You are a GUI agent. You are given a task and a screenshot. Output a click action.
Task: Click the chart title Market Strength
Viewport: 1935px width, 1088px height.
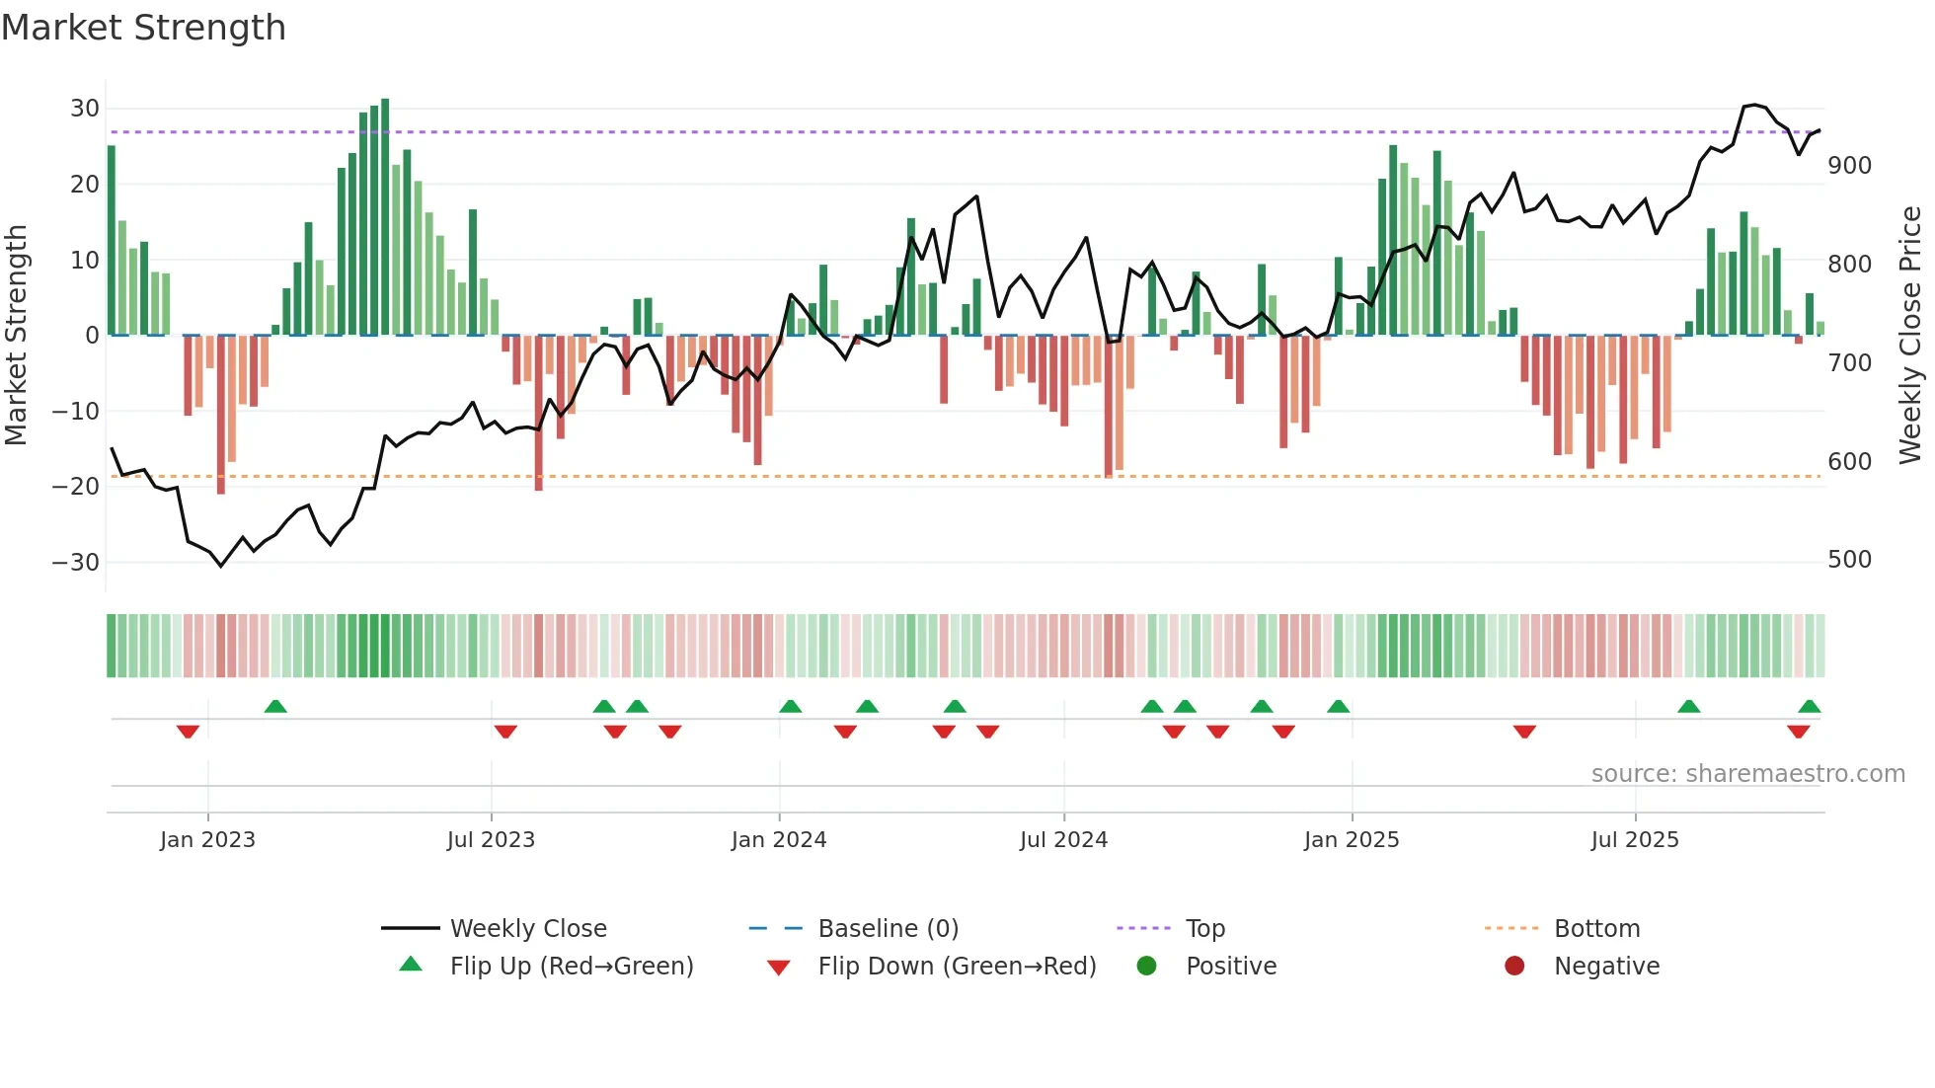pos(143,28)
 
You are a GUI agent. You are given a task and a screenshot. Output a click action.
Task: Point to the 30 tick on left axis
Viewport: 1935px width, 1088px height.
pos(85,109)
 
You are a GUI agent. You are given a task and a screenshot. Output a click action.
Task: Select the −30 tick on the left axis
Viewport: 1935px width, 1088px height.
pos(76,563)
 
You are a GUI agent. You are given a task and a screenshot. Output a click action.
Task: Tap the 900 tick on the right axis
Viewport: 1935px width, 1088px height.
pos(1849,166)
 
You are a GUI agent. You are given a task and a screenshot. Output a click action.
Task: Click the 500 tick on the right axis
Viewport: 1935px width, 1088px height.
pos(1849,560)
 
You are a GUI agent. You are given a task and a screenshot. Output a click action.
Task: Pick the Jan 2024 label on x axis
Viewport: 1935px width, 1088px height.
pos(779,840)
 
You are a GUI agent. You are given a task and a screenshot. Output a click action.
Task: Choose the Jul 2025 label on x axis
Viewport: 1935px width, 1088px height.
pos(1635,840)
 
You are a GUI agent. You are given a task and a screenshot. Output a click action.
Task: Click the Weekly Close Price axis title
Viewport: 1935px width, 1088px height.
pos(1910,336)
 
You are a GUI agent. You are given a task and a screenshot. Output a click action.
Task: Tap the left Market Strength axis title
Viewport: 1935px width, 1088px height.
pos(16,336)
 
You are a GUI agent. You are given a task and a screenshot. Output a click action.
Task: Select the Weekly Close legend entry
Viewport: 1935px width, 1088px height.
pos(528,929)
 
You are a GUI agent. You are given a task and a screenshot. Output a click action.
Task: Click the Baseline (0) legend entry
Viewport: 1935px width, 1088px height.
pos(889,929)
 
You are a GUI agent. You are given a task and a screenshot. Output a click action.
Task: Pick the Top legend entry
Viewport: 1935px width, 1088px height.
pos(1205,929)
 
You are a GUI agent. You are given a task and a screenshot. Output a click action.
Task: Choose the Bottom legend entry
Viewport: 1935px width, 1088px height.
pos(1596,929)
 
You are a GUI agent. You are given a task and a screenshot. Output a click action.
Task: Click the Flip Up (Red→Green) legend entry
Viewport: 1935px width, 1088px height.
pos(572,967)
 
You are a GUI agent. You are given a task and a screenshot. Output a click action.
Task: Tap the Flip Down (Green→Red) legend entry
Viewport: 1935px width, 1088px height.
pos(957,967)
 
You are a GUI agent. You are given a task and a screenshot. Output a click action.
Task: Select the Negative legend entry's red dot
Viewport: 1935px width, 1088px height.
pos(1514,967)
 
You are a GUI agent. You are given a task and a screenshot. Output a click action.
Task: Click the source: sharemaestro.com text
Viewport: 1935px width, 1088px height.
pos(1747,774)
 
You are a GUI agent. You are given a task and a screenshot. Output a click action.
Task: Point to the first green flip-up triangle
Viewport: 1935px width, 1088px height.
pos(275,707)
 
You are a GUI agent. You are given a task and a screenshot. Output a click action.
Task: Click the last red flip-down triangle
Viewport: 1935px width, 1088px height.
pos(1798,732)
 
